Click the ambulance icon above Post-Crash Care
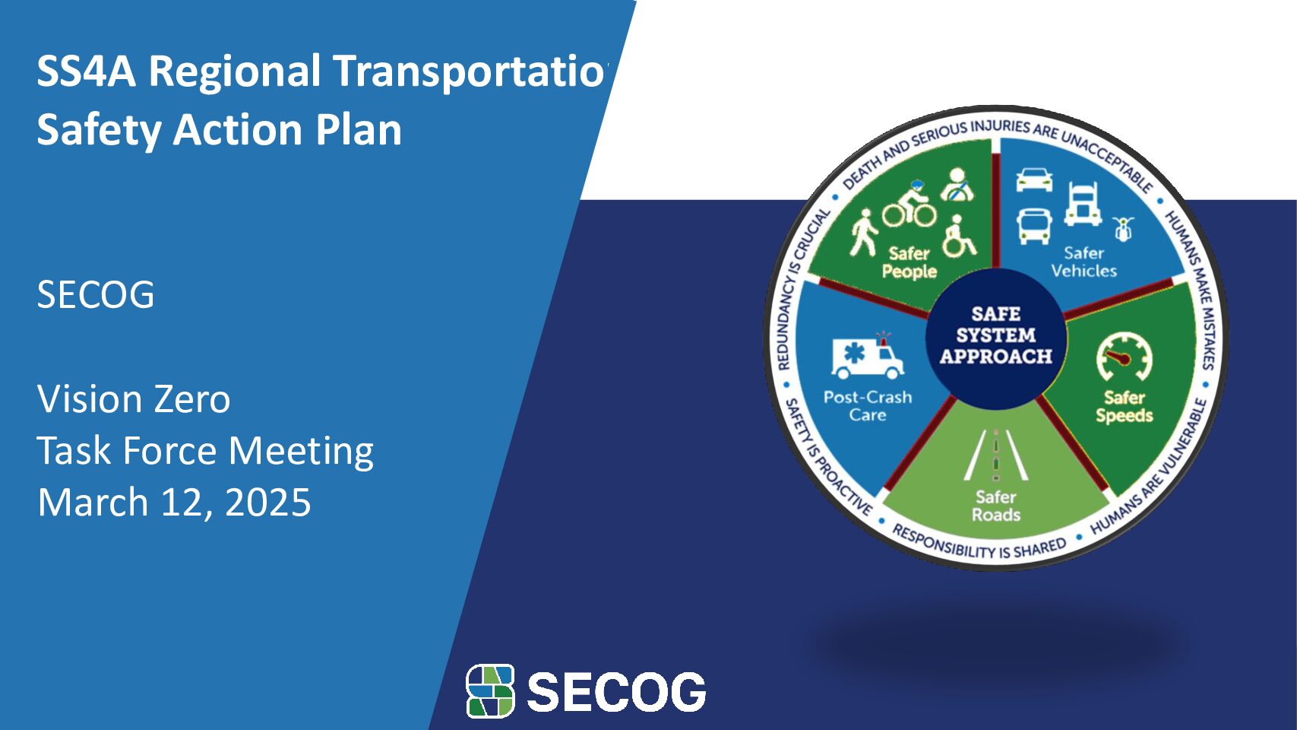pyautogui.click(x=868, y=355)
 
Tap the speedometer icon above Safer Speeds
pyautogui.click(x=1124, y=357)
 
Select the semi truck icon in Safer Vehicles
pyautogui.click(x=1082, y=204)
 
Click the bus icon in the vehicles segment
pyautogui.click(x=1035, y=227)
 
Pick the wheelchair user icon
pyautogui.click(x=959, y=236)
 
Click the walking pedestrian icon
pyautogui.click(x=864, y=233)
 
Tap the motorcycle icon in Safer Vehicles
pyautogui.click(x=1123, y=229)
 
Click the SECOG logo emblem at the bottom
pyautogui.click(x=490, y=690)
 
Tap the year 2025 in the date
pyautogui.click(x=267, y=502)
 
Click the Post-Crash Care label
pyautogui.click(x=868, y=405)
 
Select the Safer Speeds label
pyautogui.click(x=1125, y=406)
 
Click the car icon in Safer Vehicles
pyautogui.click(x=1035, y=179)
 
